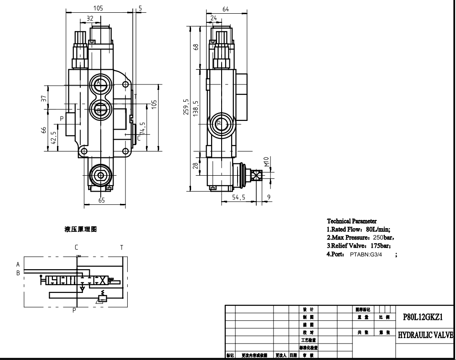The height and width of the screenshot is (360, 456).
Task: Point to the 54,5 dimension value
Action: [x=239, y=197]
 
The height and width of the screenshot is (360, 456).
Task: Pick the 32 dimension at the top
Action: [x=89, y=19]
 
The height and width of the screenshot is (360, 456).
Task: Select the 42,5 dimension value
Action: [x=54, y=138]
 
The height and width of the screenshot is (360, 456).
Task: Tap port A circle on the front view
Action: [x=99, y=83]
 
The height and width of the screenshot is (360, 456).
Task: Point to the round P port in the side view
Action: [x=219, y=124]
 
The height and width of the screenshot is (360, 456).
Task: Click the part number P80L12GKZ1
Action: [x=422, y=317]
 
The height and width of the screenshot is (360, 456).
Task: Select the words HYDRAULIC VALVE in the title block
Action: [x=425, y=335]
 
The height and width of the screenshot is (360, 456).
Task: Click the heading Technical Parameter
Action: [x=352, y=221]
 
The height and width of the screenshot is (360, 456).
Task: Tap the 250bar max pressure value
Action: [x=382, y=238]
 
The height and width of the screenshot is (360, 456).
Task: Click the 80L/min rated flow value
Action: [x=378, y=230]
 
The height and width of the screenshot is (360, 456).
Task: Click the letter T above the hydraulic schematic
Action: [x=121, y=247]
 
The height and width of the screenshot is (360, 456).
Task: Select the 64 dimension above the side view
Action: [x=225, y=9]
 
